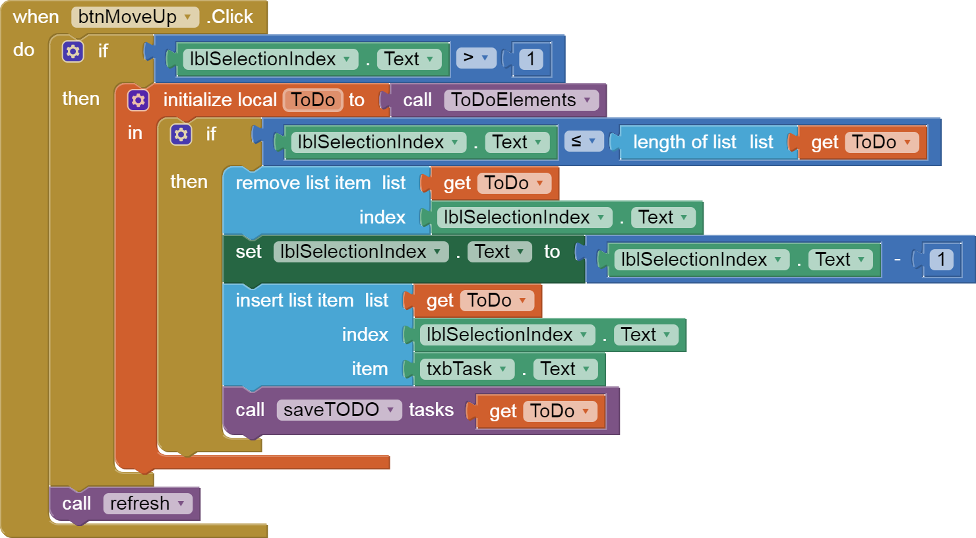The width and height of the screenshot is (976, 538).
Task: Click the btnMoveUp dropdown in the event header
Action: [x=135, y=17]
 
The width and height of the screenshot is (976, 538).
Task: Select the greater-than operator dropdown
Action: [x=475, y=58]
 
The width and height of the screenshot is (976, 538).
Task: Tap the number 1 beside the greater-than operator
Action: [x=531, y=59]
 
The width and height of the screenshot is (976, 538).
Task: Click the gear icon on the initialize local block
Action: [x=138, y=100]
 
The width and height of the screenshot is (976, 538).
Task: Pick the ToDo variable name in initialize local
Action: [x=313, y=100]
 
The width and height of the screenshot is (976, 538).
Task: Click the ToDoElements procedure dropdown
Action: [x=521, y=100]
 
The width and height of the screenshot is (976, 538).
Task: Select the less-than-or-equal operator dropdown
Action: [x=584, y=141]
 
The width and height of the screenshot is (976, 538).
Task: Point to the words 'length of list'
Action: [x=684, y=142]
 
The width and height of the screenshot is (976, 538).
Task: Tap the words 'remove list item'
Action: [x=303, y=183]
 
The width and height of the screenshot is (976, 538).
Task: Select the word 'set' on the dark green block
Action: [x=249, y=252]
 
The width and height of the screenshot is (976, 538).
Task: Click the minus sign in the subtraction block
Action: [x=898, y=260]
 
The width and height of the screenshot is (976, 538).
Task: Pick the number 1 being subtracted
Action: [x=941, y=260]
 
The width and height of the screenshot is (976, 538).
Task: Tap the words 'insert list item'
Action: [x=294, y=301]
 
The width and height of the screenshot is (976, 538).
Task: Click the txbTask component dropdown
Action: [x=466, y=369]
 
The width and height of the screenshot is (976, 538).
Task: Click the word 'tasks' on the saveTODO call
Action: [x=431, y=410]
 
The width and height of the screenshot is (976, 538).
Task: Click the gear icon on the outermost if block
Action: [x=73, y=51]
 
